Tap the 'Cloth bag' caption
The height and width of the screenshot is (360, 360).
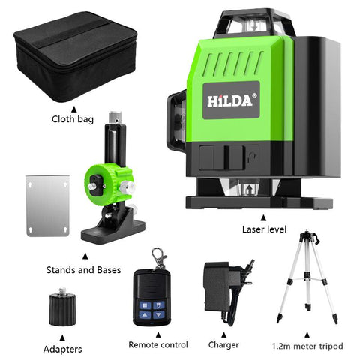click(73, 118)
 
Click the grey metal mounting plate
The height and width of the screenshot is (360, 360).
click(47, 206)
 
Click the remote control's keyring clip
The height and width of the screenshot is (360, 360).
click(158, 259)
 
